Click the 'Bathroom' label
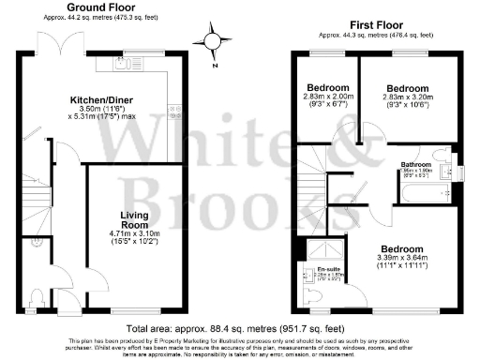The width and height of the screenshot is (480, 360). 415,166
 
